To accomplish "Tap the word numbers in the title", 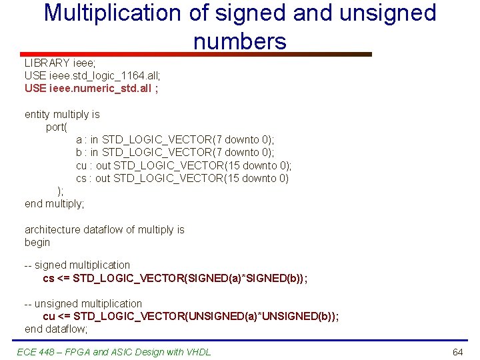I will [240, 41].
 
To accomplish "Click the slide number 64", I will [457, 351].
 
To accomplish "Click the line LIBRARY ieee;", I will [56, 63].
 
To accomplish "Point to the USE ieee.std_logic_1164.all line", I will [93, 75].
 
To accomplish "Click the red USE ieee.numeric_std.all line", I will [91, 88].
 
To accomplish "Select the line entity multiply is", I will [62, 114].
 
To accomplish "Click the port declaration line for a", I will [175, 140].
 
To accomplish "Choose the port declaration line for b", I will [175, 153].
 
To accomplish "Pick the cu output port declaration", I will [183, 165].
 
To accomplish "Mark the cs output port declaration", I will [182, 178].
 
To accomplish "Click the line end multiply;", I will [55, 203].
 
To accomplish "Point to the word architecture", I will [53, 229].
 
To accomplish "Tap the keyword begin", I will [37, 242].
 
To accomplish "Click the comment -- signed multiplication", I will [77, 265].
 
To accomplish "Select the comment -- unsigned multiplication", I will [83, 303].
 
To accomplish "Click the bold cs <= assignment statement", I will [175, 277].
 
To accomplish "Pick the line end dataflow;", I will [56, 329].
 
